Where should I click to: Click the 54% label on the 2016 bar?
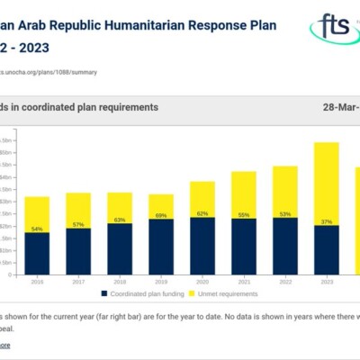[38, 229]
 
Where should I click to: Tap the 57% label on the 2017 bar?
[78, 224]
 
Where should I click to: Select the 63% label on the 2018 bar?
[119, 220]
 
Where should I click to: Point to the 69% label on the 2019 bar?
[161, 216]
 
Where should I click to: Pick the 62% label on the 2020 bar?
[202, 214]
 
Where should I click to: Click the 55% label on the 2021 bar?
[244, 215]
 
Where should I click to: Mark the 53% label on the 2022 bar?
[285, 214]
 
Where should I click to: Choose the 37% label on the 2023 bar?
[326, 221]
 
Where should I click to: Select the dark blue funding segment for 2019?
[161, 247]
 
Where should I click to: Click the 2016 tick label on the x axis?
[38, 282]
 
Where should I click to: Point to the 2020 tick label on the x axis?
[202, 282]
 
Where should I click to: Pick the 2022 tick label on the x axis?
[285, 282]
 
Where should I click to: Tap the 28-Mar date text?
[342, 106]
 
